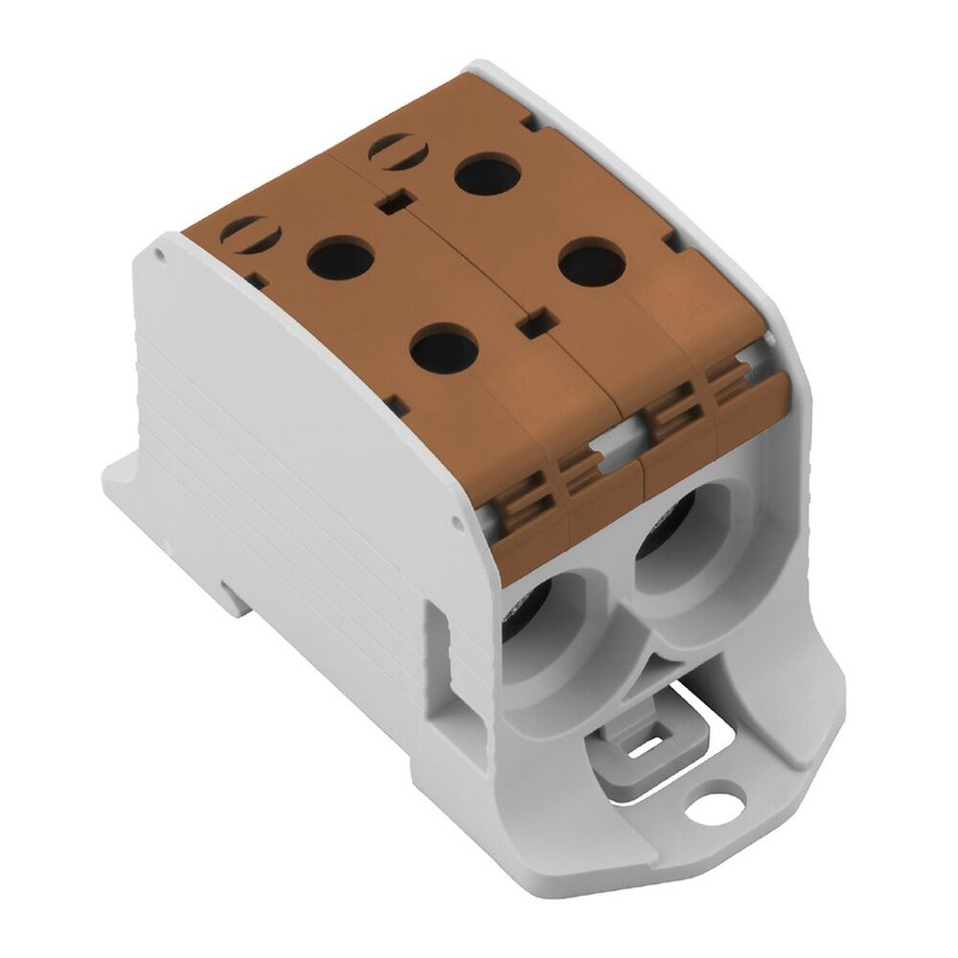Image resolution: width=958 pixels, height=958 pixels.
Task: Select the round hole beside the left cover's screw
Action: [x=341, y=259]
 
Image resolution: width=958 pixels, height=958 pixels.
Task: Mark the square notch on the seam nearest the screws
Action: [x=390, y=202]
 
